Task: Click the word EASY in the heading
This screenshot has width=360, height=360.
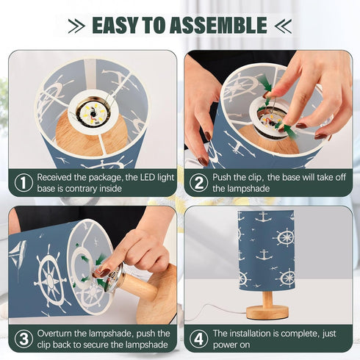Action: (115, 25)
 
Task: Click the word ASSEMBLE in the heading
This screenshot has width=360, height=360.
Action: (218, 25)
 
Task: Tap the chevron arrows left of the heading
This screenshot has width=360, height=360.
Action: (76, 26)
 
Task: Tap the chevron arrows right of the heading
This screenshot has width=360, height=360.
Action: (283, 26)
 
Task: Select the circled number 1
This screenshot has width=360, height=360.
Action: (24, 183)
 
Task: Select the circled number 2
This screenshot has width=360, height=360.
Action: (198, 183)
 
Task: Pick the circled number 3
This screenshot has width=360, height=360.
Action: (24, 339)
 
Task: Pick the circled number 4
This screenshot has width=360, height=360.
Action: (198, 339)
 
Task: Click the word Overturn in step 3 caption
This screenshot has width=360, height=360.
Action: (54, 334)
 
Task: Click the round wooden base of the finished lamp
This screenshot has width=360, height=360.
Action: (267, 312)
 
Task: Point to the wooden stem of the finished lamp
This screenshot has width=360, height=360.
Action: (267, 299)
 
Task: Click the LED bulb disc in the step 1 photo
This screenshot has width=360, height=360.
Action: (93, 113)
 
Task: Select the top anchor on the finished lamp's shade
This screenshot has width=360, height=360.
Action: (263, 217)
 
